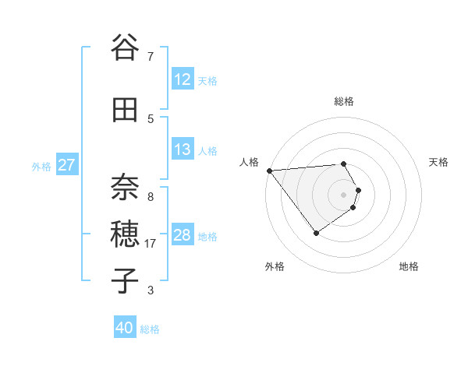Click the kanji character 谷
tap(125, 48)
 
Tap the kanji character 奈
tap(125, 185)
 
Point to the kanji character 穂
tap(125, 233)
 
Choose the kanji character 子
tap(125, 280)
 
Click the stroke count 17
tap(151, 244)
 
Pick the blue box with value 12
tap(182, 79)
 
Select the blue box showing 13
tap(182, 150)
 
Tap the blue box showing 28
tap(182, 235)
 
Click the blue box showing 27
tap(67, 165)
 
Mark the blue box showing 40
tap(125, 328)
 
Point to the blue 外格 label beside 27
tap(41, 166)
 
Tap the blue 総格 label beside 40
tap(150, 329)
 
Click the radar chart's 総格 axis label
tap(344, 101)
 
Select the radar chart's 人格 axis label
tap(249, 162)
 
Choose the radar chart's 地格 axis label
tap(409, 266)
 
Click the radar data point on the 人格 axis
tap(269, 170)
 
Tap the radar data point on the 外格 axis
tap(316, 233)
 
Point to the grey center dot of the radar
tap(344, 194)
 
